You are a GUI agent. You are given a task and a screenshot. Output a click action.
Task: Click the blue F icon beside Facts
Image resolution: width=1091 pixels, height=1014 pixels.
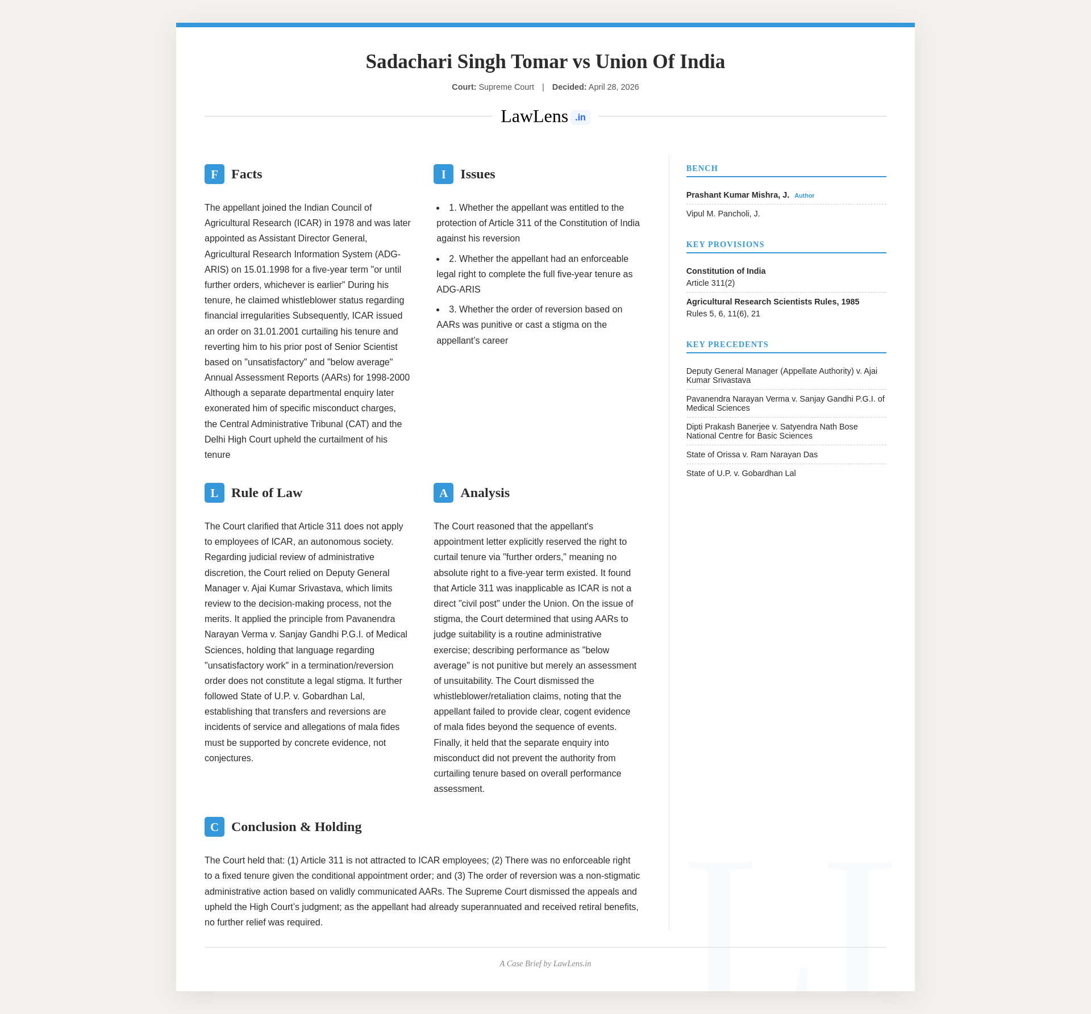click(x=214, y=174)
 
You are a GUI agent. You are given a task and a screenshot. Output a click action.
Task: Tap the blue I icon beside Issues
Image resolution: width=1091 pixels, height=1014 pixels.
click(x=443, y=174)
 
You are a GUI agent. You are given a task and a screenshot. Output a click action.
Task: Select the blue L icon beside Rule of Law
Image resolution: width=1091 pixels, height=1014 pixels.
click(x=214, y=493)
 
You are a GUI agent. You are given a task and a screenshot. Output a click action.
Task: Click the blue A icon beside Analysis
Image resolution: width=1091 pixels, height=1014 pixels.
click(x=443, y=493)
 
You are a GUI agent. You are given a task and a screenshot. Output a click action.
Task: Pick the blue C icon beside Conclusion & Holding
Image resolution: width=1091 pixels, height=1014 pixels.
click(x=214, y=827)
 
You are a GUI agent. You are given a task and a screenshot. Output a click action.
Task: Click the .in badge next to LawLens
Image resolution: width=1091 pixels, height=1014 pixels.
click(x=580, y=118)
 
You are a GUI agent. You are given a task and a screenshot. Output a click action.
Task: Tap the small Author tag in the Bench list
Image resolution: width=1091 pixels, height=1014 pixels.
click(x=804, y=195)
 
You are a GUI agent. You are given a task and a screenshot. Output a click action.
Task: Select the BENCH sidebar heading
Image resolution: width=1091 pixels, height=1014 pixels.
click(x=702, y=168)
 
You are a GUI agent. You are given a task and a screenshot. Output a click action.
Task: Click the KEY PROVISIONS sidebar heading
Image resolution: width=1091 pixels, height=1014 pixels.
click(x=725, y=244)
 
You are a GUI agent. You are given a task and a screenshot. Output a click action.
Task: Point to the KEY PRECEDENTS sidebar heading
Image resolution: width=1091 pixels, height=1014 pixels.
click(x=727, y=344)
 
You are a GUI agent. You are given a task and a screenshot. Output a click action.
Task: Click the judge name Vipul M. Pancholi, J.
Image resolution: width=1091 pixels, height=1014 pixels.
click(x=723, y=214)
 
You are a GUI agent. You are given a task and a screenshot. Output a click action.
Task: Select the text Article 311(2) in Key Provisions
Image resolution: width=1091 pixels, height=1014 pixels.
click(x=710, y=283)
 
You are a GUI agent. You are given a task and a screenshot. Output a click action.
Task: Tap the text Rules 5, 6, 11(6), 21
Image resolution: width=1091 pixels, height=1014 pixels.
click(x=723, y=314)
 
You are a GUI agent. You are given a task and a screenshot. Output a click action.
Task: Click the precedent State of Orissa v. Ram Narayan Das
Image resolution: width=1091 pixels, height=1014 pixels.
click(x=752, y=454)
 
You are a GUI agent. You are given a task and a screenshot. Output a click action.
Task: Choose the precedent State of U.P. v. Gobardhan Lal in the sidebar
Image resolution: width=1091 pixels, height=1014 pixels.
click(x=741, y=473)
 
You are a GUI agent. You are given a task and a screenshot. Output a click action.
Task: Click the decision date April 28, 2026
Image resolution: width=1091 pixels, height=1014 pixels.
click(x=614, y=87)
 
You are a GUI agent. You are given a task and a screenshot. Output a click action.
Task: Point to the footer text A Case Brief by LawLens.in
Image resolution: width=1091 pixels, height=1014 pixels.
click(x=545, y=963)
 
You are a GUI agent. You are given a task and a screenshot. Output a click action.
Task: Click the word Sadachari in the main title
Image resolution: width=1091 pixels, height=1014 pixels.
click(x=409, y=61)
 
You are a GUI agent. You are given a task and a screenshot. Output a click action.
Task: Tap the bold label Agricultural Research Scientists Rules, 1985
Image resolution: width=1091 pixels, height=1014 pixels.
click(x=772, y=302)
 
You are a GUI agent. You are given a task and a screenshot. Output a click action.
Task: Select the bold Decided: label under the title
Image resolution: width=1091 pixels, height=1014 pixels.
click(x=569, y=87)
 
